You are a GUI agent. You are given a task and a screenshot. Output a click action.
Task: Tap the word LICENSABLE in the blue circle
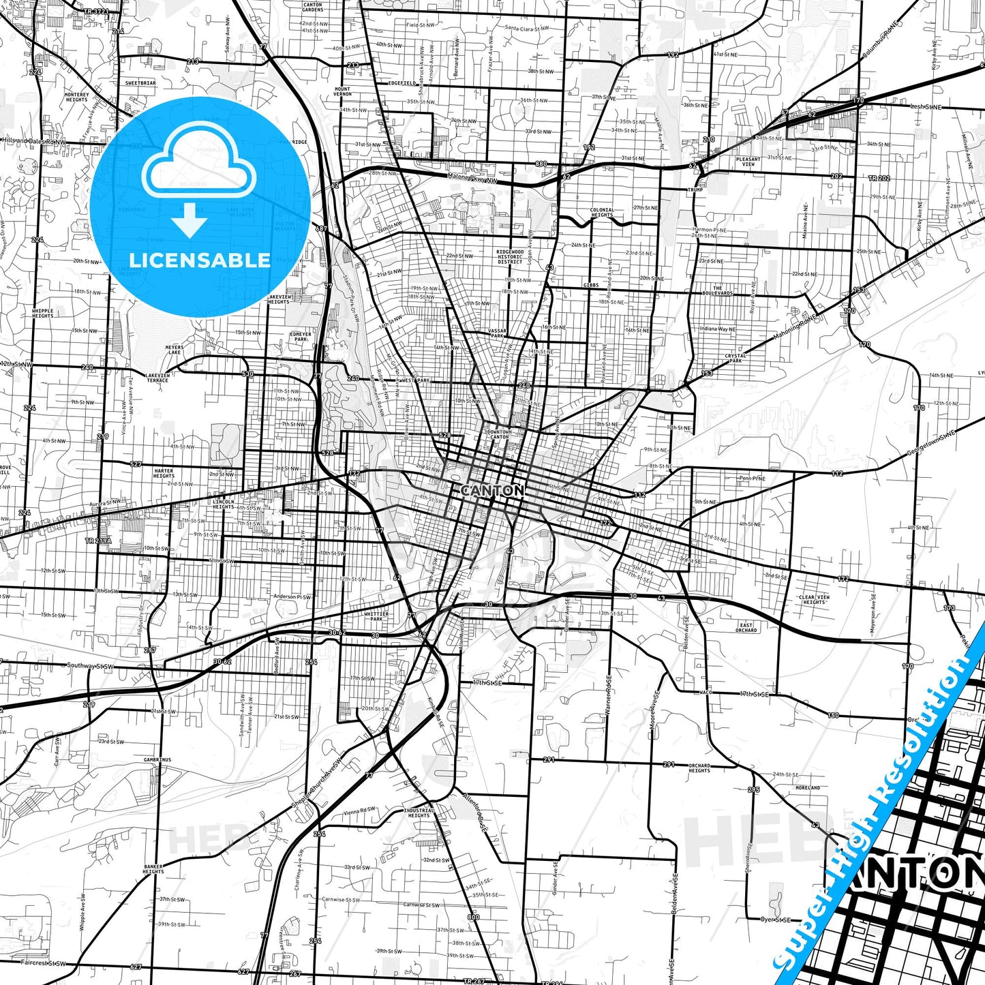[x=200, y=260]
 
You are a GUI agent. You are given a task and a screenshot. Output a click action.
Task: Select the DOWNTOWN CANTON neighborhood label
[x=499, y=434]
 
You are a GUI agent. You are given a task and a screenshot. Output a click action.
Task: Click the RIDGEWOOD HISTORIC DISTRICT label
[x=510, y=256]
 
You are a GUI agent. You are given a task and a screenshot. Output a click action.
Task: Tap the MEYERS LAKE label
[x=175, y=350]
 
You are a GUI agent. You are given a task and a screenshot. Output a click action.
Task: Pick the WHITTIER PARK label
[x=376, y=616]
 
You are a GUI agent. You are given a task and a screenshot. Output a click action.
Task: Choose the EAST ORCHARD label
[x=746, y=627]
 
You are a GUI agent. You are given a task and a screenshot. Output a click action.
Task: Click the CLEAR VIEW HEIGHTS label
[x=814, y=599]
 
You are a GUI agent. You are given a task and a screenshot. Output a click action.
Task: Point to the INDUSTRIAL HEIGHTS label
[x=419, y=813]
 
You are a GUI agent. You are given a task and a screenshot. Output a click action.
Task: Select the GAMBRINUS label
[x=157, y=759]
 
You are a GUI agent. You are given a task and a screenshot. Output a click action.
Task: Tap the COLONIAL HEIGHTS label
[x=602, y=213]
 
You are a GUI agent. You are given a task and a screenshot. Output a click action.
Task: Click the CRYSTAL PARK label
[x=736, y=358]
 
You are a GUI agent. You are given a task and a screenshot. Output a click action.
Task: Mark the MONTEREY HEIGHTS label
[x=76, y=97]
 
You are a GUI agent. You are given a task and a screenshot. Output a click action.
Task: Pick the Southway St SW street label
[x=90, y=665]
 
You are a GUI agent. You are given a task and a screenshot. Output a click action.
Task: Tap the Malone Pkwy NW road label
[x=473, y=178]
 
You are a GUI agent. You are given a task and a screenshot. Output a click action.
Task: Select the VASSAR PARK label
[x=497, y=333]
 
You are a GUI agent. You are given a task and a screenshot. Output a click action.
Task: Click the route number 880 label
[x=541, y=164]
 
